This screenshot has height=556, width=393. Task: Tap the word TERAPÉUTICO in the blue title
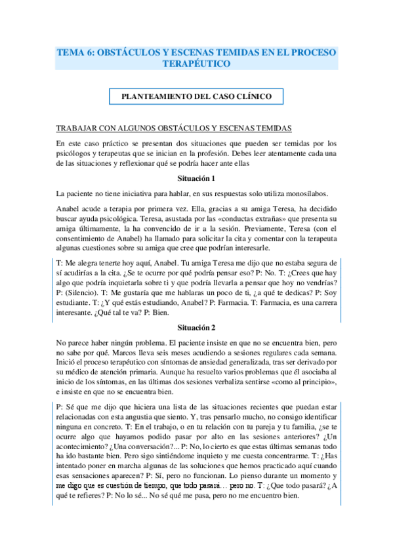[x=196, y=64]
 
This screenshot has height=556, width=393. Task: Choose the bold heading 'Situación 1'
[x=196, y=178]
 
